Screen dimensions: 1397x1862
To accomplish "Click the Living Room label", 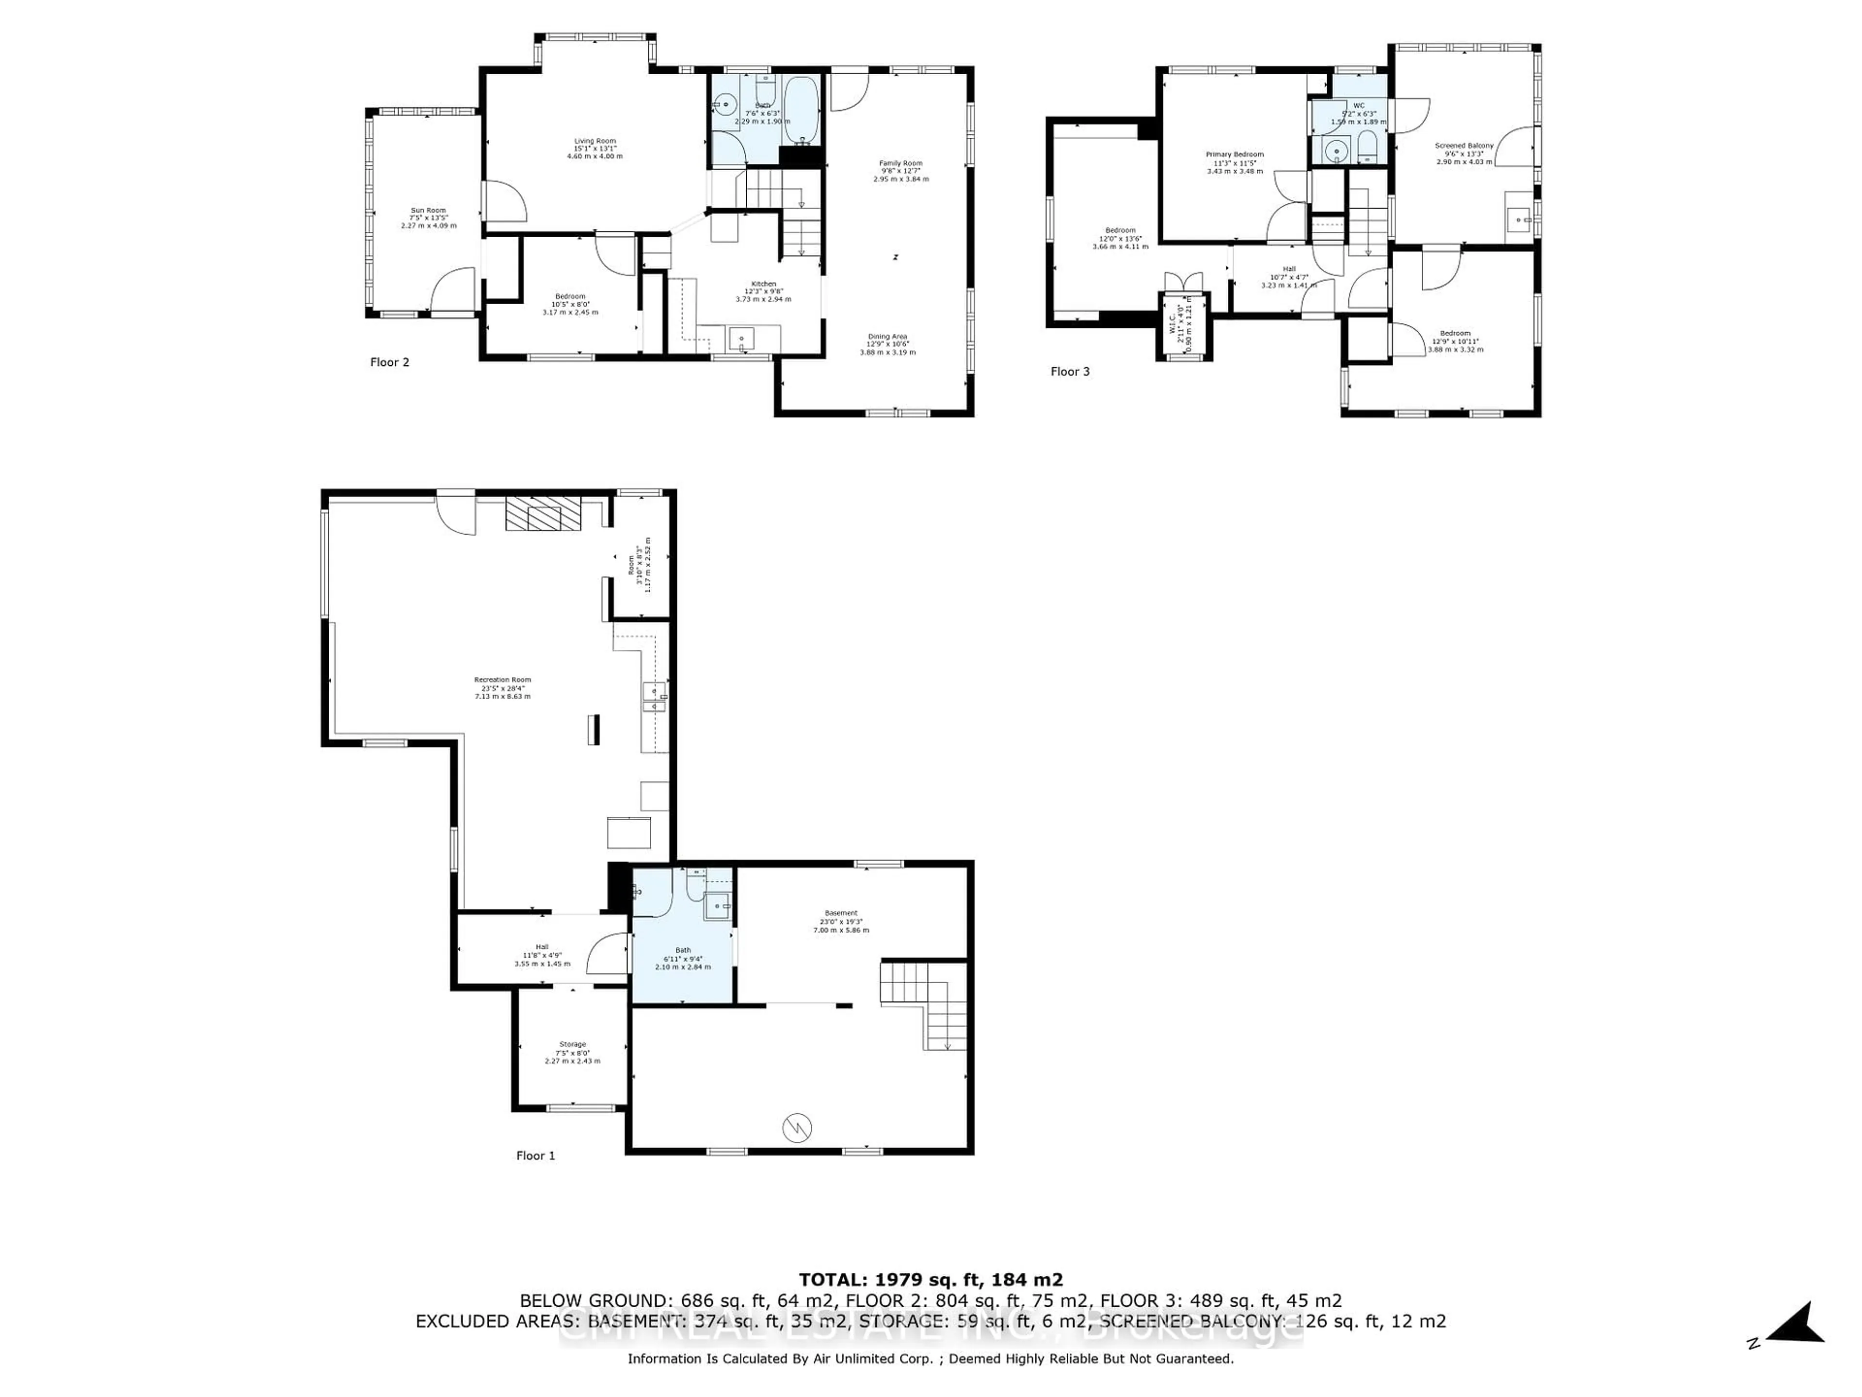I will (595, 148).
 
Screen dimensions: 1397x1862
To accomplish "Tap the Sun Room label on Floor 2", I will (429, 217).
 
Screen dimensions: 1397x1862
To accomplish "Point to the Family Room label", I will (901, 171).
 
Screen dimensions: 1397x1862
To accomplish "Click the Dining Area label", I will (887, 343).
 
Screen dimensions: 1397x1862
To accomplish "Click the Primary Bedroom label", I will (1235, 162).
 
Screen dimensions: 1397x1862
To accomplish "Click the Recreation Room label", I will (502, 687).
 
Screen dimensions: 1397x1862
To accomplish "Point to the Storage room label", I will (572, 1052).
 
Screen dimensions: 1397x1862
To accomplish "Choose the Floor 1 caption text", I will (535, 1155).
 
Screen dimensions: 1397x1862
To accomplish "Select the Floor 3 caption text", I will (1070, 372).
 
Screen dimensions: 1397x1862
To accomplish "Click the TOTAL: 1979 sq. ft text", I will (930, 1280).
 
